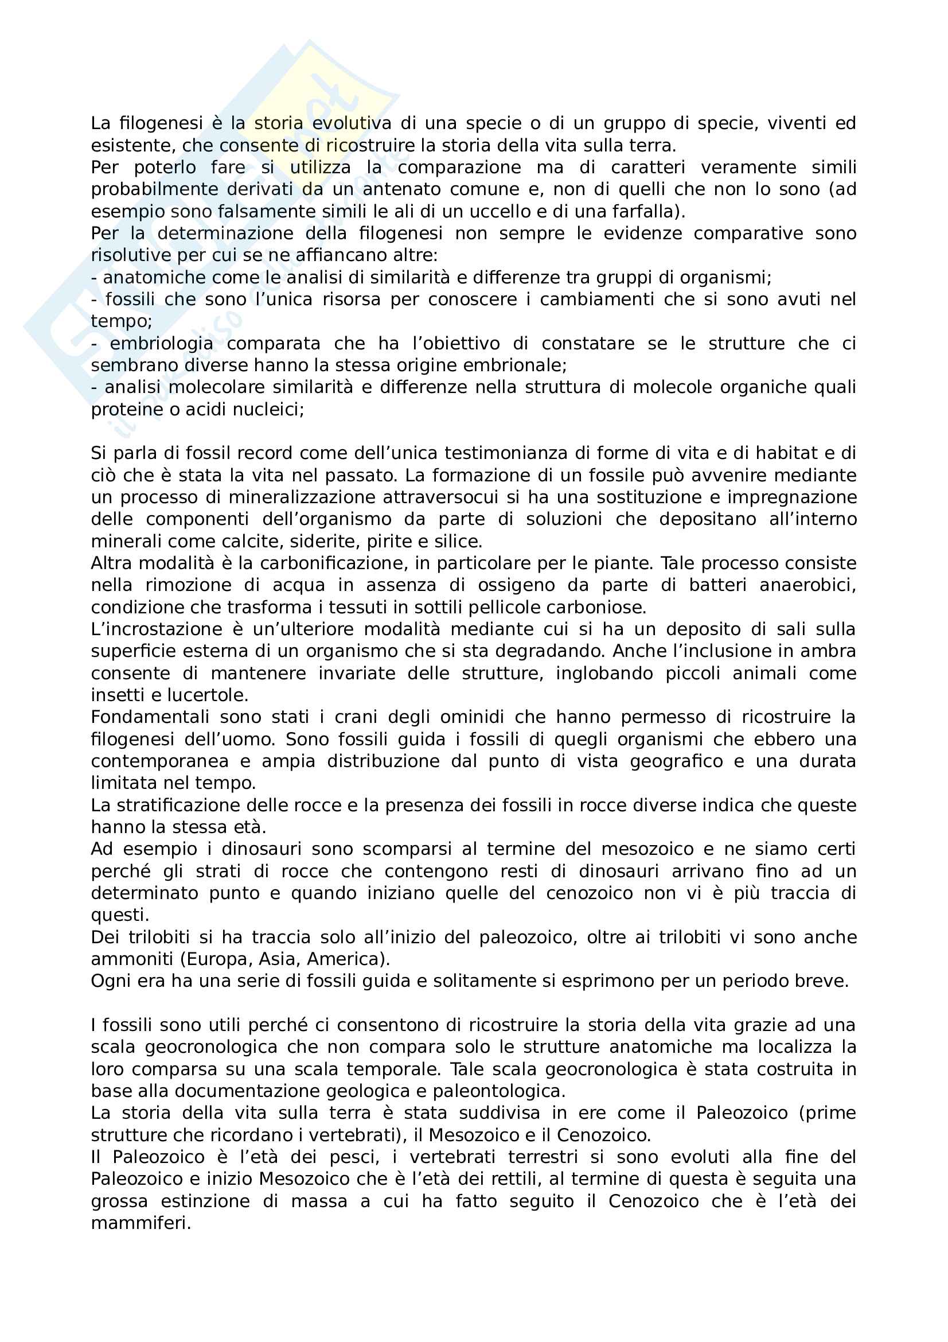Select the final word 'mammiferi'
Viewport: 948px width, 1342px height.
[x=140, y=1223]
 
